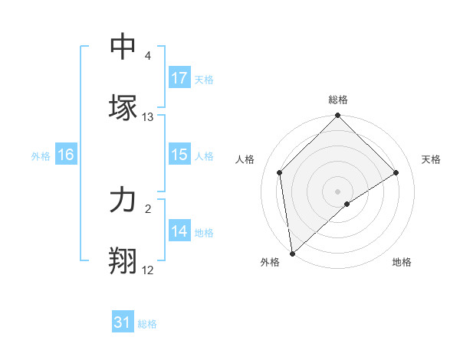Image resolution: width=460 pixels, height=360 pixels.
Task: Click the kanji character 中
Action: point(123,47)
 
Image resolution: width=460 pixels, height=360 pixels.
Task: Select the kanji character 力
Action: point(123,200)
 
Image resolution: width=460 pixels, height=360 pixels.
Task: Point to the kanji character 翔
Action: point(123,261)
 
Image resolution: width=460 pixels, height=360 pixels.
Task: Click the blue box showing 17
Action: point(179,78)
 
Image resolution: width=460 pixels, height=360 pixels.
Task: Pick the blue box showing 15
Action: point(179,155)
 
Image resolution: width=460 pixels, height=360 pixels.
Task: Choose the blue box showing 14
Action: point(179,231)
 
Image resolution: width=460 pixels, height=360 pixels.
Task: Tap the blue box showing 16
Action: point(66,155)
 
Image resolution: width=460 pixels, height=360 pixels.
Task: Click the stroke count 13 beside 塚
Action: point(148,117)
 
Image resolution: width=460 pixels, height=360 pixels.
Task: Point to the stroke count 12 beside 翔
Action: point(147,270)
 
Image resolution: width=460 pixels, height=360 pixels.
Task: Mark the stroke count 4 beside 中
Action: point(147,56)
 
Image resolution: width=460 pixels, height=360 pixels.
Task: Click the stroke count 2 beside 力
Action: point(147,208)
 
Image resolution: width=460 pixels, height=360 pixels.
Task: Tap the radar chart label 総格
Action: point(337,100)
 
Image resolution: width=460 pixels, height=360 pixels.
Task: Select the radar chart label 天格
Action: point(431,159)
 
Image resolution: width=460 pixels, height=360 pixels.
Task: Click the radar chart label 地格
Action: point(402,263)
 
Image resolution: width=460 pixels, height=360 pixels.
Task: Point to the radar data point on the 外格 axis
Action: point(291,254)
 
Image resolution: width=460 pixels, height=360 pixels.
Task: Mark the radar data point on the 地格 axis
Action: point(347,204)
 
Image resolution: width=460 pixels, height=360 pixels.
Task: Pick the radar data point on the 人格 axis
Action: point(279,172)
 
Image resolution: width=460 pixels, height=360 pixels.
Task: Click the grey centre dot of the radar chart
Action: point(337,191)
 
